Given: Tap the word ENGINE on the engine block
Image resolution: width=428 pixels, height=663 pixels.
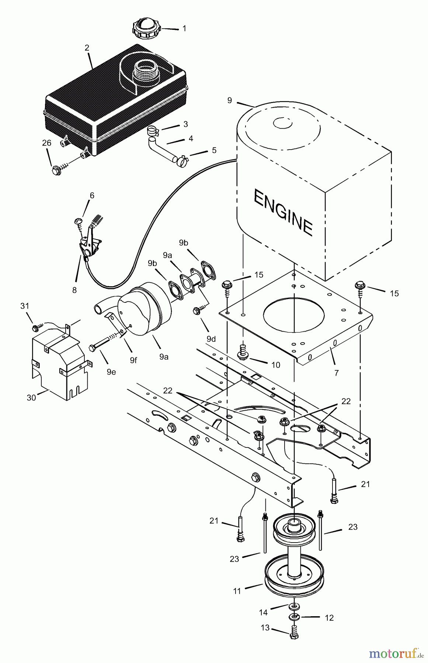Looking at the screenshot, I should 283,213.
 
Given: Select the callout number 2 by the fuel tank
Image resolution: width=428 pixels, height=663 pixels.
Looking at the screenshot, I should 87,48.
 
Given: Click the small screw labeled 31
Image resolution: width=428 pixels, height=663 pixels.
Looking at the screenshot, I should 36,327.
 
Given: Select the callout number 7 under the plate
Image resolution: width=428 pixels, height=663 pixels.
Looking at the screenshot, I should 336,373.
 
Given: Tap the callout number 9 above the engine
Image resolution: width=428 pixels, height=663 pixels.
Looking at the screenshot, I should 230,100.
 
